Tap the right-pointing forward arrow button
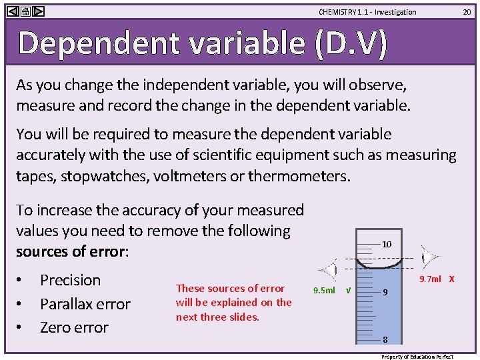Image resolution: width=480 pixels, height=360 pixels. coord(39,11)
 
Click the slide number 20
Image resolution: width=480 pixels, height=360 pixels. coord(468,11)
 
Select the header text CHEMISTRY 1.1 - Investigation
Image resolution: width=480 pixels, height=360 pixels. coord(367,12)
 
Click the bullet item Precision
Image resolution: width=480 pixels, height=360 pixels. coord(70,280)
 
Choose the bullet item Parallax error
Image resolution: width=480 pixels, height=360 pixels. coord(85,304)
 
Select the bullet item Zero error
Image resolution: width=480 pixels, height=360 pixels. coord(74,327)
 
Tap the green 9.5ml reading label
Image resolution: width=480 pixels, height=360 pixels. coord(324,291)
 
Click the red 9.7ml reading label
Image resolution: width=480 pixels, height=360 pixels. coord(430,279)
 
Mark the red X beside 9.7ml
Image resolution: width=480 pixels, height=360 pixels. coord(452,279)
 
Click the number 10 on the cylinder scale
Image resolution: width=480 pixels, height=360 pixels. coord(387,245)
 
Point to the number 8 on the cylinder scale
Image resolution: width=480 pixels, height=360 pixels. coord(385,339)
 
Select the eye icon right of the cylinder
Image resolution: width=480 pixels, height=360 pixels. coord(431,257)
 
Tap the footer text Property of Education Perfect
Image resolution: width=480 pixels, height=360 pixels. coord(417,357)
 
